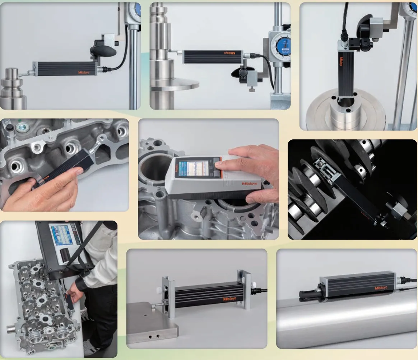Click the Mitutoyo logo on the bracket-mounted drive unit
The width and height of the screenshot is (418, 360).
(x=229, y=299)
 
